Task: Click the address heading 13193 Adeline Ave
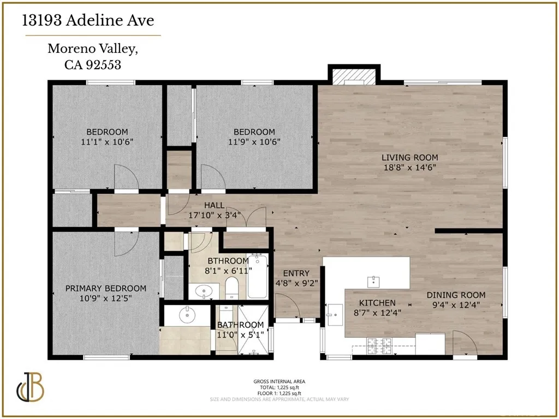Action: (88, 21)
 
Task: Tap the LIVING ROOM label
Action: (409, 158)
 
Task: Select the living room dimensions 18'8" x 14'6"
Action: (409, 167)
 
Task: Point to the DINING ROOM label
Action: (456, 295)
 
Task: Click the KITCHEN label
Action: (377, 303)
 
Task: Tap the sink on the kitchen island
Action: (373, 281)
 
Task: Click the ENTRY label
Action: (296, 273)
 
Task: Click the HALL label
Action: (214, 205)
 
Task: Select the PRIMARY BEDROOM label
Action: (106, 289)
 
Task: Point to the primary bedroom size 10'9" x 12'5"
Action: (106, 298)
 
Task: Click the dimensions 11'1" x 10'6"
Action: (107, 141)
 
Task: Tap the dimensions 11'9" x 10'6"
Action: (254, 141)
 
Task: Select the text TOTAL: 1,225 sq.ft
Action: (279, 387)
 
